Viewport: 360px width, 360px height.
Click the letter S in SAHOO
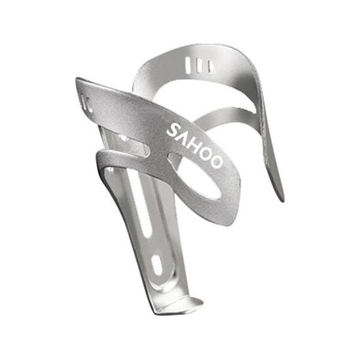coord(172,129)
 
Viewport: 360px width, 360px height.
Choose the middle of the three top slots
coord(200,65)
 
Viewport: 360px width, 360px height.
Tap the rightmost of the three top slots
coord(210,66)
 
